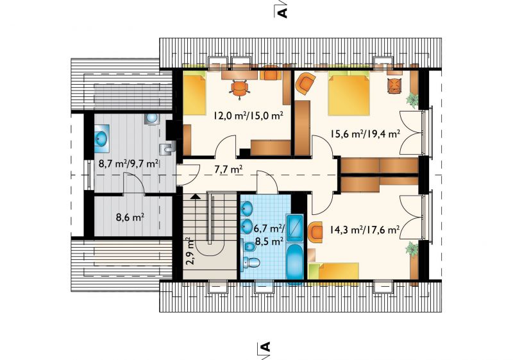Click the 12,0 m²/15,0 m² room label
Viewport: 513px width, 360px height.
pos(248,116)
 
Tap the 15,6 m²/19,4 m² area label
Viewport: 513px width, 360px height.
pos(365,133)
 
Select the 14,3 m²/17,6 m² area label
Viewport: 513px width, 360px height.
pos(360,230)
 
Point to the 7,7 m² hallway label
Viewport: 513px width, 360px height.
pos(228,169)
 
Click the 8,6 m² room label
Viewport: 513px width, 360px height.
pos(130,217)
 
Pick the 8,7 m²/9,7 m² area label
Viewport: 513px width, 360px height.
pos(129,163)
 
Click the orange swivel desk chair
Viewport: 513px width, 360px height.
pos(239,89)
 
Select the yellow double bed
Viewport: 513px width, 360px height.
pos(348,95)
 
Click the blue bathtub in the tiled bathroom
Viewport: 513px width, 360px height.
pos(296,262)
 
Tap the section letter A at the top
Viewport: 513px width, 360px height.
pos(283,12)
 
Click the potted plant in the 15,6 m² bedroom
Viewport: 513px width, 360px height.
pos(413,99)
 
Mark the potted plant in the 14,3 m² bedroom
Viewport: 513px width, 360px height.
pos(412,250)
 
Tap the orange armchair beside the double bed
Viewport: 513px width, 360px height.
pos(306,83)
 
